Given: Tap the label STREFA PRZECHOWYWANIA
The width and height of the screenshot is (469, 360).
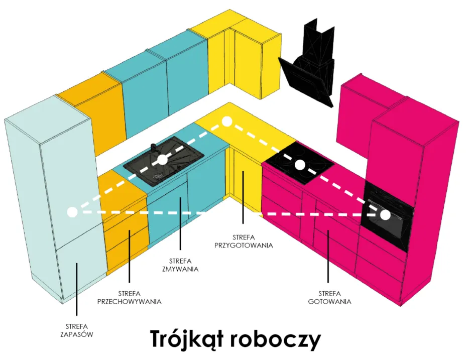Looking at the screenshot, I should (129, 297).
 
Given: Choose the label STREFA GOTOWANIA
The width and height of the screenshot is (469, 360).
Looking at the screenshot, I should (329, 297).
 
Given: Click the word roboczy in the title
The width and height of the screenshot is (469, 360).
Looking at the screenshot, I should (276, 340).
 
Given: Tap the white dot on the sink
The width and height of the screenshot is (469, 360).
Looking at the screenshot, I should (162, 160).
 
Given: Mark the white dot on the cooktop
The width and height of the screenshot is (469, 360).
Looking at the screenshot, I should (300, 164).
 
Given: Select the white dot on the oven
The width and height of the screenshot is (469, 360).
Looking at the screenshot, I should (385, 215).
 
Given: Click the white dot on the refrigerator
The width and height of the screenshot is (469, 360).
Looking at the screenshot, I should (72, 211).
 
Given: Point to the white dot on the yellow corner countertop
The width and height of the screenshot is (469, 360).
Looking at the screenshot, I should (226, 121).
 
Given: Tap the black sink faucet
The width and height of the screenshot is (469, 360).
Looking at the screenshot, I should (154, 148).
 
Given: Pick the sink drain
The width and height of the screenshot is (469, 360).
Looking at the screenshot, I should (157, 176).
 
